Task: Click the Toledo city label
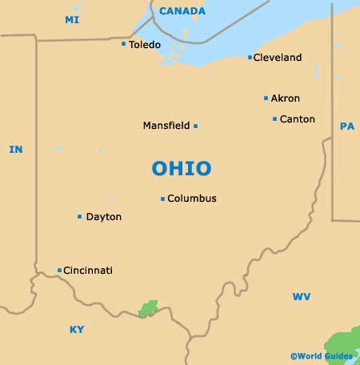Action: tap(145, 44)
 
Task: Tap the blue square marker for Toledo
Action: tap(123, 44)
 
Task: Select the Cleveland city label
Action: tap(278, 58)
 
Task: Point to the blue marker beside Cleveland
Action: tap(250, 58)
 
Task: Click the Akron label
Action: tap(286, 98)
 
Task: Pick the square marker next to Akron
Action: tap(266, 98)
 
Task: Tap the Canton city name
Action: tap(298, 119)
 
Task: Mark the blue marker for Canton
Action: tap(274, 119)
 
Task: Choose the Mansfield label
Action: tap(166, 126)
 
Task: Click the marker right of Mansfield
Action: tap(195, 126)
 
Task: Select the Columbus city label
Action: tap(192, 199)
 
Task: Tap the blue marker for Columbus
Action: tap(162, 199)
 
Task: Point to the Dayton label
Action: tap(104, 217)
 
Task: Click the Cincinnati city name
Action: tap(88, 271)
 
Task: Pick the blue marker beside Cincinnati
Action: tap(59, 271)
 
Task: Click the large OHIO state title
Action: tap(182, 168)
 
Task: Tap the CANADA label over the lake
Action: tap(182, 11)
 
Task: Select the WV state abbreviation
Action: tap(301, 297)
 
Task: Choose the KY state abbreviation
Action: tap(77, 329)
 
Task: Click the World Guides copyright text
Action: tap(322, 355)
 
